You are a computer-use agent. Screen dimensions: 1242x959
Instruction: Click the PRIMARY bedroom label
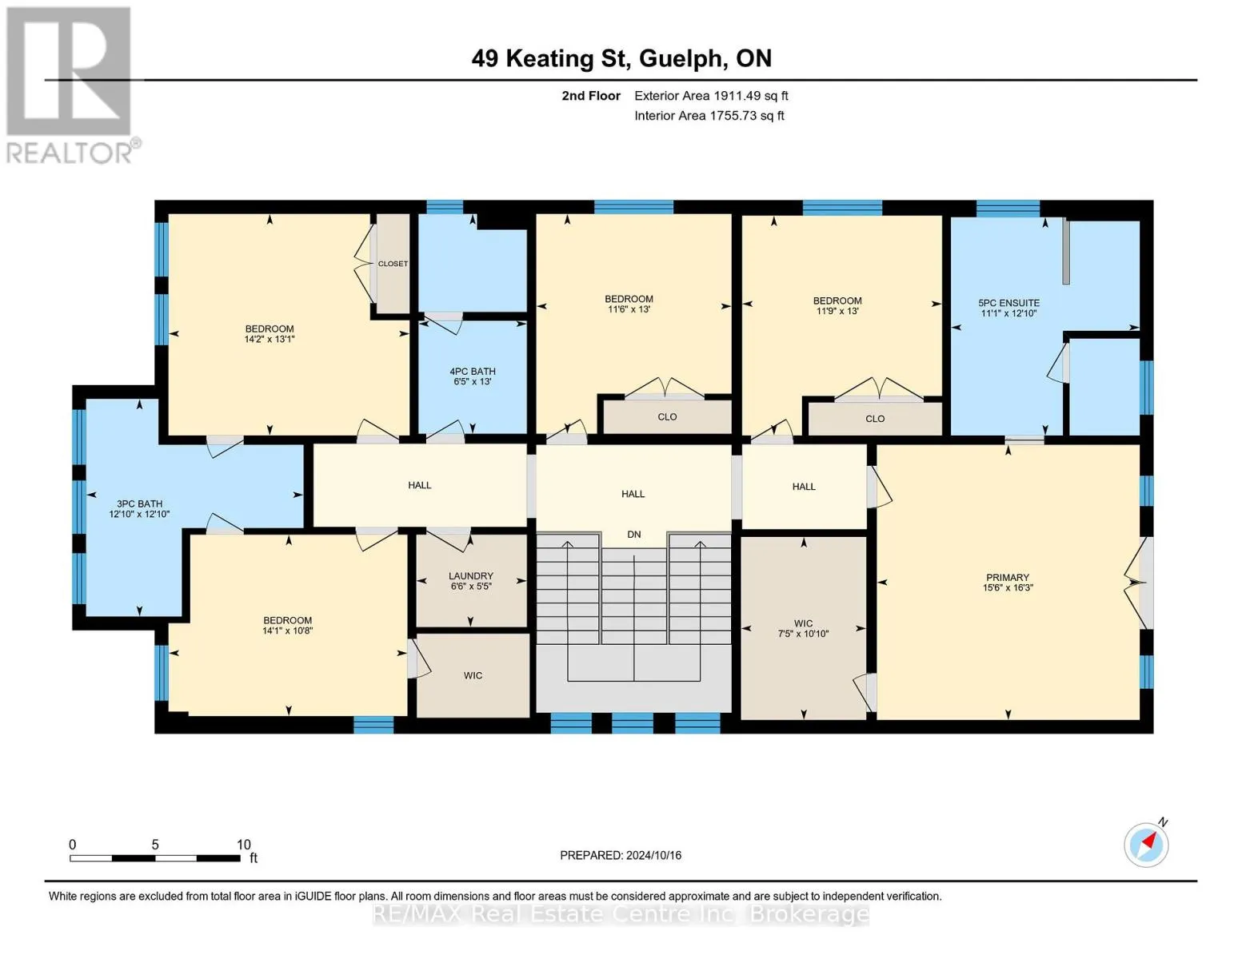click(x=1008, y=578)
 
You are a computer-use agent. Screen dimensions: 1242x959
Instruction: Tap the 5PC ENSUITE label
click(x=1008, y=303)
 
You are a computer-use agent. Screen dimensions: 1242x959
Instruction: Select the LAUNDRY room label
click(x=470, y=575)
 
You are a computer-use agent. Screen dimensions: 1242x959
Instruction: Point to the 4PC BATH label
click(x=473, y=372)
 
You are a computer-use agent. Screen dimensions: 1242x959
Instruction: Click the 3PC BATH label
click(x=139, y=503)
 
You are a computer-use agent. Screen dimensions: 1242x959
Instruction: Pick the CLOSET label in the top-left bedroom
click(x=393, y=263)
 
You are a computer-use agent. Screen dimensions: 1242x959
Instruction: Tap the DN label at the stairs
click(x=634, y=535)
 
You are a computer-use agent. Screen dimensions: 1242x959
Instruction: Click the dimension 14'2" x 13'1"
click(x=270, y=340)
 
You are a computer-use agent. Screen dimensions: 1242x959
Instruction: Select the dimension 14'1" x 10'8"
click(x=287, y=631)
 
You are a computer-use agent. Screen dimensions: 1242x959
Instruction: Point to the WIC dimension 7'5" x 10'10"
click(x=803, y=634)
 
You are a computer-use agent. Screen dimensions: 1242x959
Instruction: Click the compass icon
click(x=1147, y=845)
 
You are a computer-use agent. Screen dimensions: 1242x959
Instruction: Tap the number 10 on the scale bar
click(x=244, y=845)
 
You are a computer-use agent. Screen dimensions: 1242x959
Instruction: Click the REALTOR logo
click(x=71, y=86)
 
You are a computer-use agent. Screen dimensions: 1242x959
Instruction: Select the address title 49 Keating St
click(x=549, y=58)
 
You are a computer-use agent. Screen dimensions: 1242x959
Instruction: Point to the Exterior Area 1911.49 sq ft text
click(x=711, y=96)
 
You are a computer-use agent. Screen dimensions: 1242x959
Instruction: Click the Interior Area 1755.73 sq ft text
click(x=709, y=116)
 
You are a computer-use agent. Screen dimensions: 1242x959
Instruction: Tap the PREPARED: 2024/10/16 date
click(x=621, y=855)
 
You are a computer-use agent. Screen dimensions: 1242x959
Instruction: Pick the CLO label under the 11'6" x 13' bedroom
click(x=667, y=417)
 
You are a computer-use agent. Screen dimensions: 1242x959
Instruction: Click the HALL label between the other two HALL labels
click(x=633, y=494)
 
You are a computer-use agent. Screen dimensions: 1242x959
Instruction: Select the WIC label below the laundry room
click(x=473, y=676)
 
